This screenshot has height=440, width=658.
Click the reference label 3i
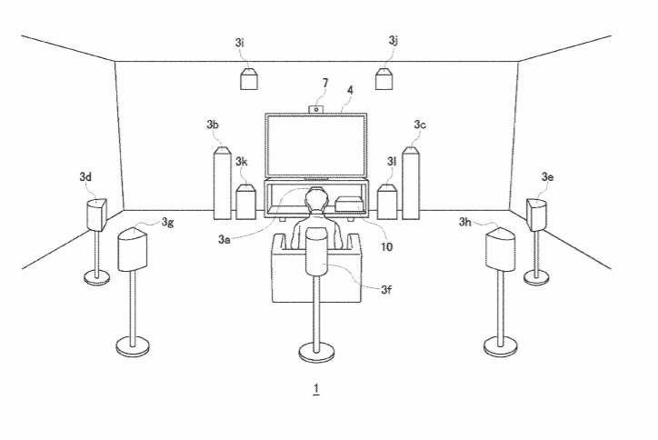click(240, 43)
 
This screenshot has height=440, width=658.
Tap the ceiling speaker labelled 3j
click(384, 79)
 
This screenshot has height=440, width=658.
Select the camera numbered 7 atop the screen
click(316, 109)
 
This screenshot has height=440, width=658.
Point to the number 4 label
click(350, 90)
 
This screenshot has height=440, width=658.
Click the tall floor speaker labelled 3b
click(222, 183)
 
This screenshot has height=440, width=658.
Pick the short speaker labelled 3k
click(246, 202)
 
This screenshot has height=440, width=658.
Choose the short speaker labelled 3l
click(387, 202)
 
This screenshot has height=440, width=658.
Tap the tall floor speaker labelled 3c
click(411, 183)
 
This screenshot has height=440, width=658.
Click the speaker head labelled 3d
click(96, 215)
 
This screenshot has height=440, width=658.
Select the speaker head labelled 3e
click(536, 215)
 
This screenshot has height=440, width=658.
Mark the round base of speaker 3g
click(133, 346)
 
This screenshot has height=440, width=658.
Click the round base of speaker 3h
click(500, 346)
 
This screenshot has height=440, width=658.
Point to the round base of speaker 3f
click(316, 352)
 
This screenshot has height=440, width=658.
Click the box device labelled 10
click(350, 204)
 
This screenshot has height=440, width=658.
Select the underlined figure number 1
click(316, 389)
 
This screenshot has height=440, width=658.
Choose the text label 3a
click(224, 239)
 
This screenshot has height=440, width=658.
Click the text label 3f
click(386, 289)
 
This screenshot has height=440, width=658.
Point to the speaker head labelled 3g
click(133, 250)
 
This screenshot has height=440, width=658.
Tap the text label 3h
click(465, 222)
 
